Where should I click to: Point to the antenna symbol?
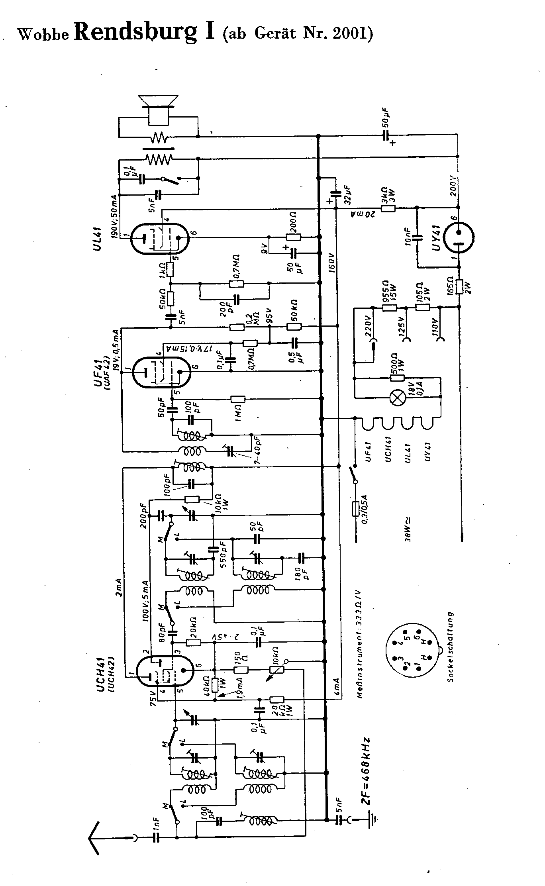(x=96, y=838)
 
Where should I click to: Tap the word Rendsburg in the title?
(x=135, y=32)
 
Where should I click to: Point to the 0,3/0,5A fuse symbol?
(x=356, y=509)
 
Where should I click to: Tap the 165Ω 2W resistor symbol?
(x=459, y=286)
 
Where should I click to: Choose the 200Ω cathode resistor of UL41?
(x=294, y=237)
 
